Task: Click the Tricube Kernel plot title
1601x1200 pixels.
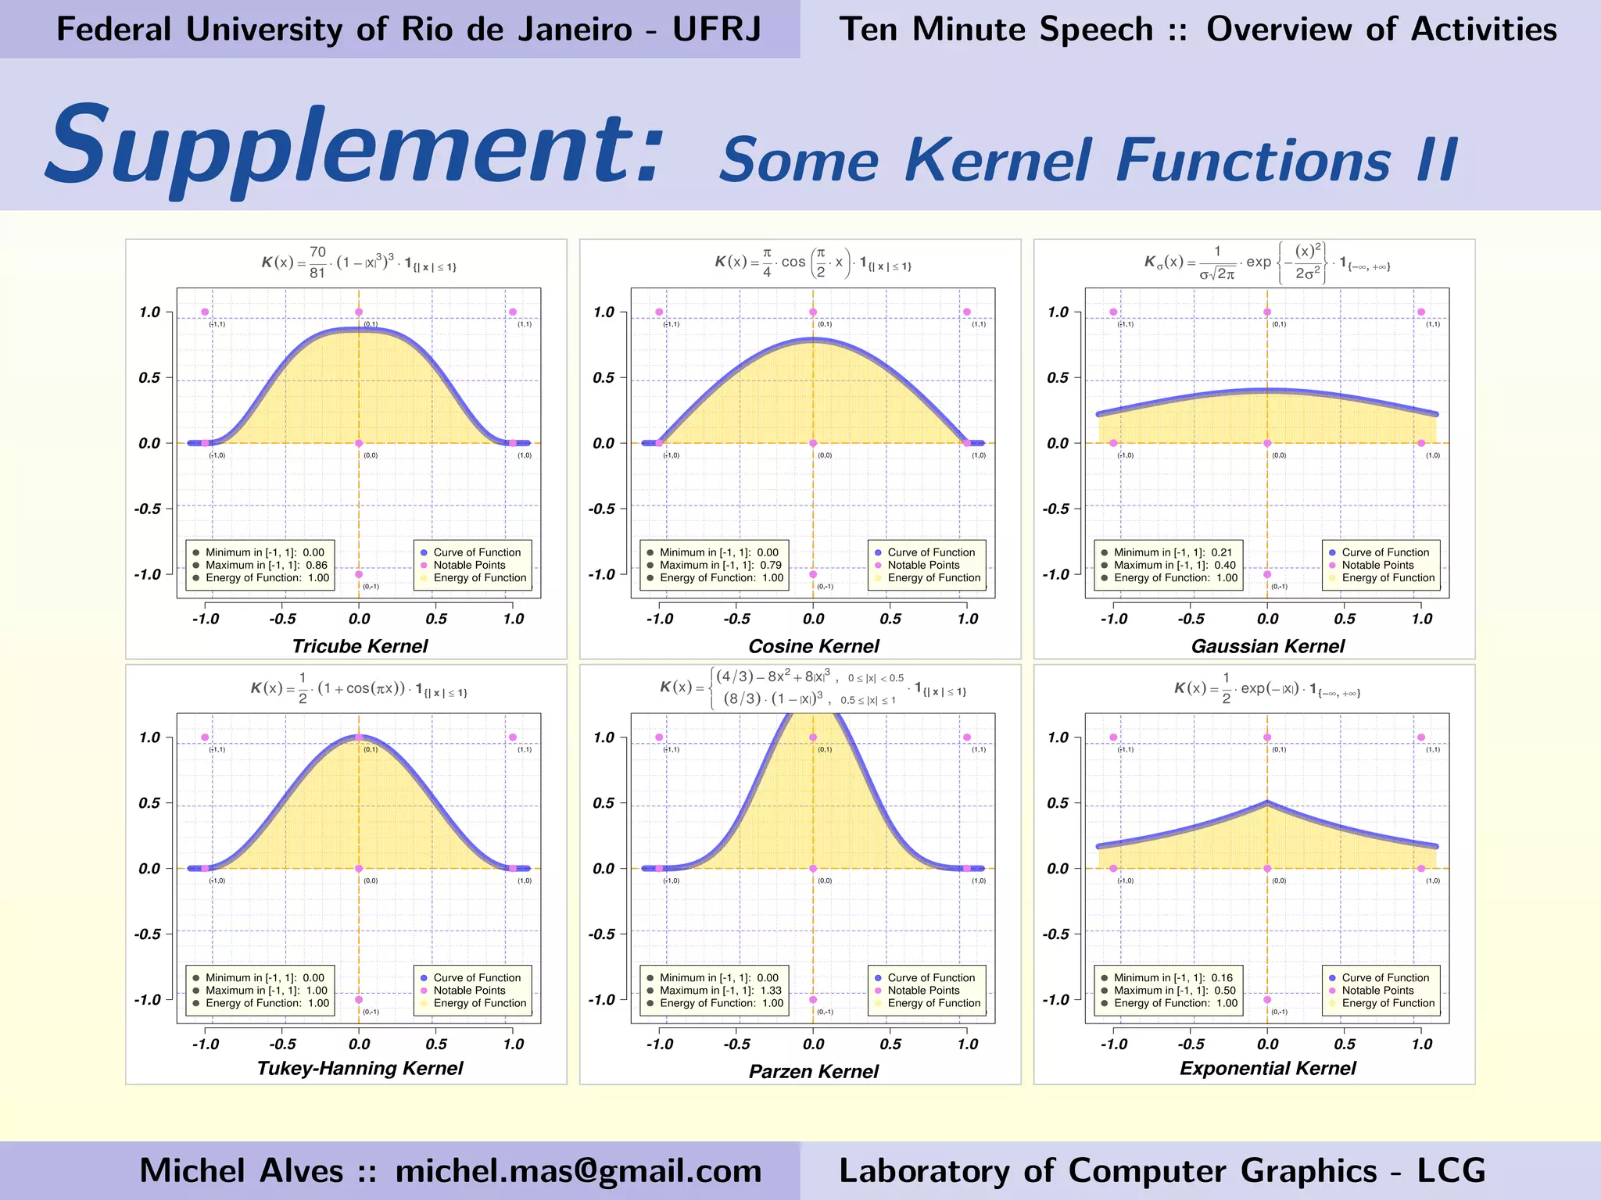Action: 360,646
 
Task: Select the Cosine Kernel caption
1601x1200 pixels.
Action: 814,646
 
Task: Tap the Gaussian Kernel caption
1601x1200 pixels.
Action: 1268,646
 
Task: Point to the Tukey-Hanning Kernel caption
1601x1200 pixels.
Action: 360,1068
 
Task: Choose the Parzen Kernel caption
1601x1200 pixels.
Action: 814,1071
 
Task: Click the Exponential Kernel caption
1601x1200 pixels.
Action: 1268,1068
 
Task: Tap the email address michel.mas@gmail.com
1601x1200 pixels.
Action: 578,1170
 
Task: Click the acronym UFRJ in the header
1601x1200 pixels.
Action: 716,30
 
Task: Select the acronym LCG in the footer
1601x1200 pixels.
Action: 1451,1170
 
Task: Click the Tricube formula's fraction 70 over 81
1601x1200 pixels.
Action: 317,262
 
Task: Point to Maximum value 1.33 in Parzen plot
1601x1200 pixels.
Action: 771,991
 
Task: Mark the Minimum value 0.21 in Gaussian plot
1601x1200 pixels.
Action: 1221,552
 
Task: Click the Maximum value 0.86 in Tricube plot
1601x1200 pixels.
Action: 317,565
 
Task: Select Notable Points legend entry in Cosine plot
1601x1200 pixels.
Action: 923,565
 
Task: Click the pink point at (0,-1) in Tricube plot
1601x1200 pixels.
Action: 359,574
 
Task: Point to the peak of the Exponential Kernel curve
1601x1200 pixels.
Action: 1267,802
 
